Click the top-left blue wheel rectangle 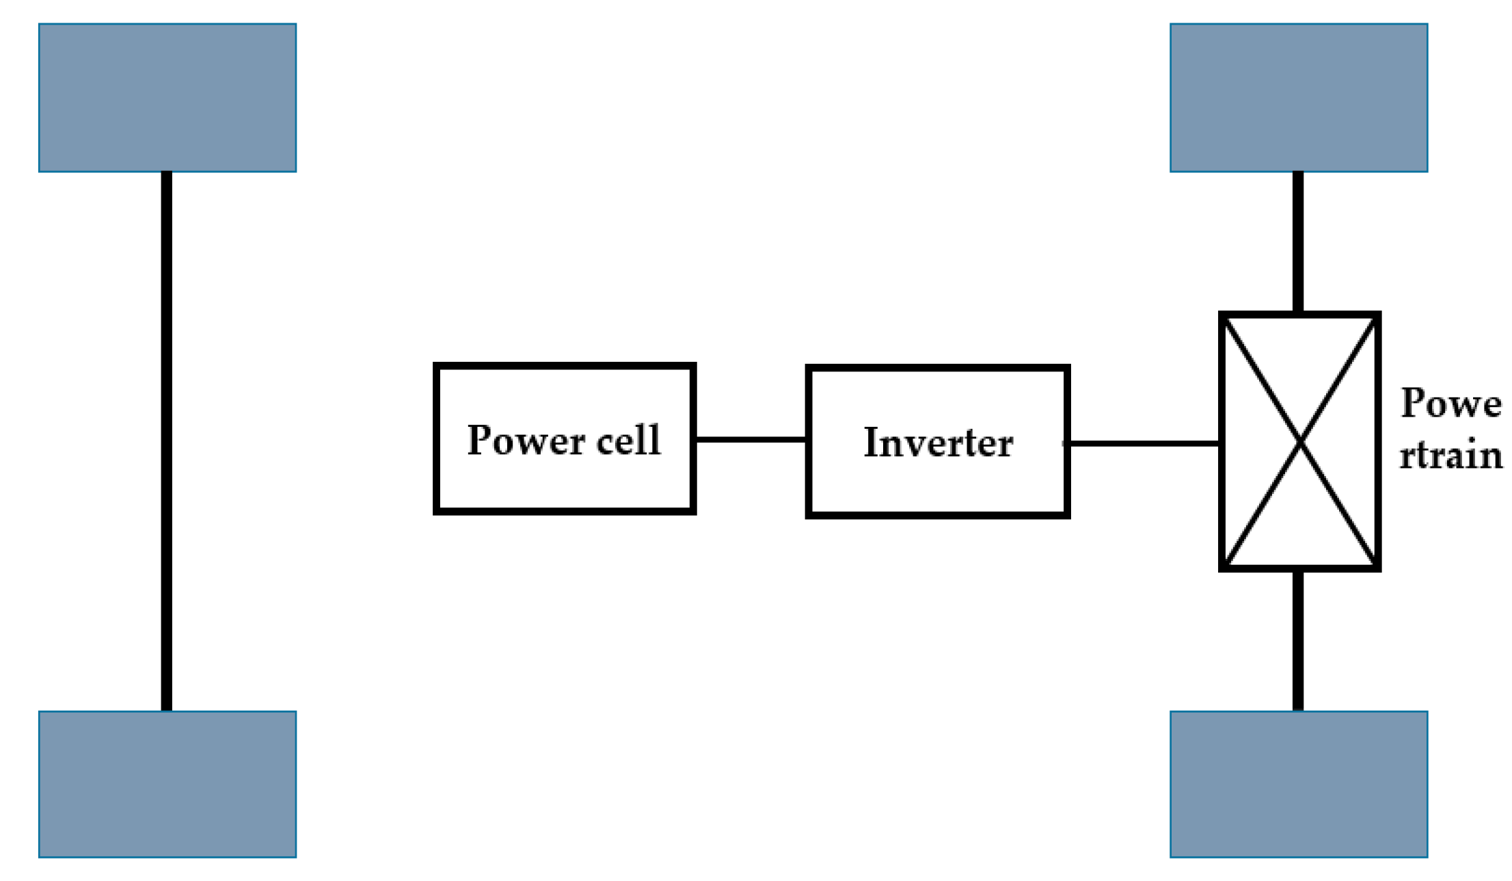pyautogui.click(x=167, y=98)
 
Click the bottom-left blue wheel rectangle pyautogui.click(x=167, y=784)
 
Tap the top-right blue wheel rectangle pyautogui.click(x=1299, y=98)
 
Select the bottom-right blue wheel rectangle pyautogui.click(x=1299, y=784)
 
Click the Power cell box pyautogui.click(x=565, y=479)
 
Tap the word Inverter pyautogui.click(x=938, y=443)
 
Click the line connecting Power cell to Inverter pyautogui.click(x=751, y=439)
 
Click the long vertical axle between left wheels pyautogui.click(x=166, y=441)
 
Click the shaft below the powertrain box pyautogui.click(x=1298, y=641)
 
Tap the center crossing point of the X pyautogui.click(x=1300, y=442)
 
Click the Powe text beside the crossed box pyautogui.click(x=1450, y=403)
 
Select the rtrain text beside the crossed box pyautogui.click(x=1450, y=455)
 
